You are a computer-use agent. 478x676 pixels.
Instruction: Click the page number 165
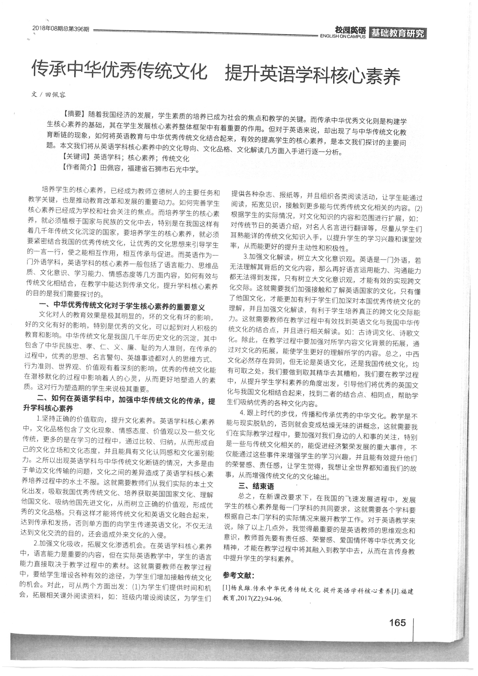397,623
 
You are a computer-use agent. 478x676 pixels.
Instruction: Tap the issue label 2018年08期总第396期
60,29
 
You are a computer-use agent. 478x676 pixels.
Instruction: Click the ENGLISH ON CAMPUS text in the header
343,36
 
